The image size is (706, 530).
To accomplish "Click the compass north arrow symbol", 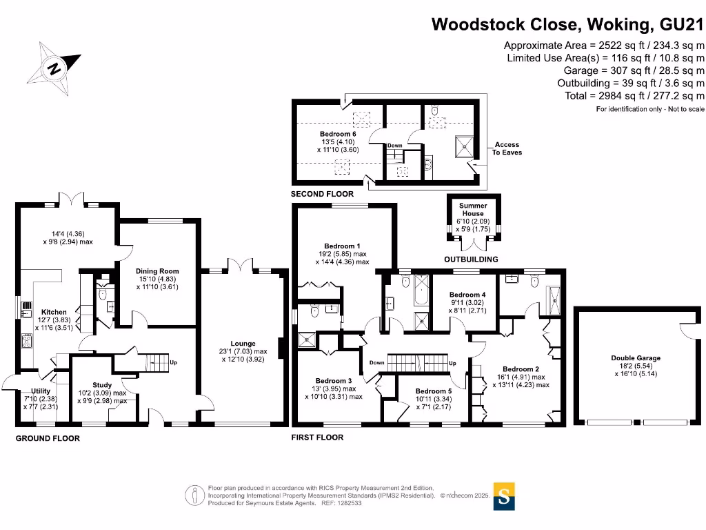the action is [54, 68].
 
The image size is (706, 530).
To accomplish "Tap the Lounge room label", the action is [243, 344].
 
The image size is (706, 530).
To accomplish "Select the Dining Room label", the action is [158, 271].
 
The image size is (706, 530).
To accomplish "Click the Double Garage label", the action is [636, 358].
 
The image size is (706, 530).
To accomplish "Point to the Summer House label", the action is [473, 210].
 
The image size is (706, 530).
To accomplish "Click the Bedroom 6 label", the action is [338, 134].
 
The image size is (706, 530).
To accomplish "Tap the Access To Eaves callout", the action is [507, 149].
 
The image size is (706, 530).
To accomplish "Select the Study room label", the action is [102, 385].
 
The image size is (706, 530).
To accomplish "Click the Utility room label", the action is [41, 391].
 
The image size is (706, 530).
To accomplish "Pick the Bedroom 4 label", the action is [467, 295].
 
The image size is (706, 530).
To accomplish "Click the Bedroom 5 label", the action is [434, 391].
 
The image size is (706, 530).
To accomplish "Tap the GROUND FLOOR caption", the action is [48, 438].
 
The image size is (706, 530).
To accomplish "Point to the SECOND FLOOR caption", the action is [323, 194].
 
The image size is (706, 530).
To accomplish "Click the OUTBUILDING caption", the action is [471, 259].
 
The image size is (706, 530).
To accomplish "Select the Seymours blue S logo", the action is [504, 496].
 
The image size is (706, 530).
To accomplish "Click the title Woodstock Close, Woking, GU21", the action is [567, 24].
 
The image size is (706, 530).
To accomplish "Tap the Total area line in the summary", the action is [635, 96].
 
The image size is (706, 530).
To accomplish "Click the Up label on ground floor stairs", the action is [173, 362].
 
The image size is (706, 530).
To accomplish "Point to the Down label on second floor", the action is [395, 146].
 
